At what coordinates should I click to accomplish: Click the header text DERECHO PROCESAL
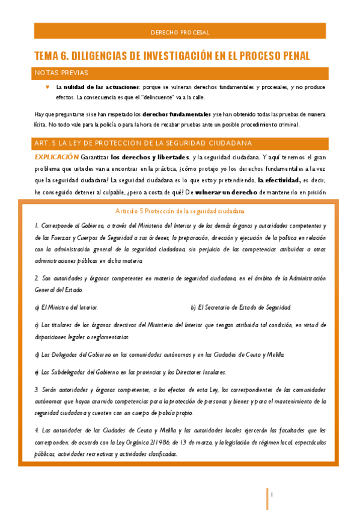coord(180,32)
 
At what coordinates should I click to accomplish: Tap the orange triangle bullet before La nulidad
coord(47,87)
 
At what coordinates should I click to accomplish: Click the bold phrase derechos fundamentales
coord(180,114)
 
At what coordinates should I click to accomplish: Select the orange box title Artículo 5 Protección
coord(180,211)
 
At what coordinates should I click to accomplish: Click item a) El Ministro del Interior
coord(66,307)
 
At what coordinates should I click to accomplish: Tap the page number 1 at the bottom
coord(272,494)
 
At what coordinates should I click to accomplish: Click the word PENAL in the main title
coord(290,56)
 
